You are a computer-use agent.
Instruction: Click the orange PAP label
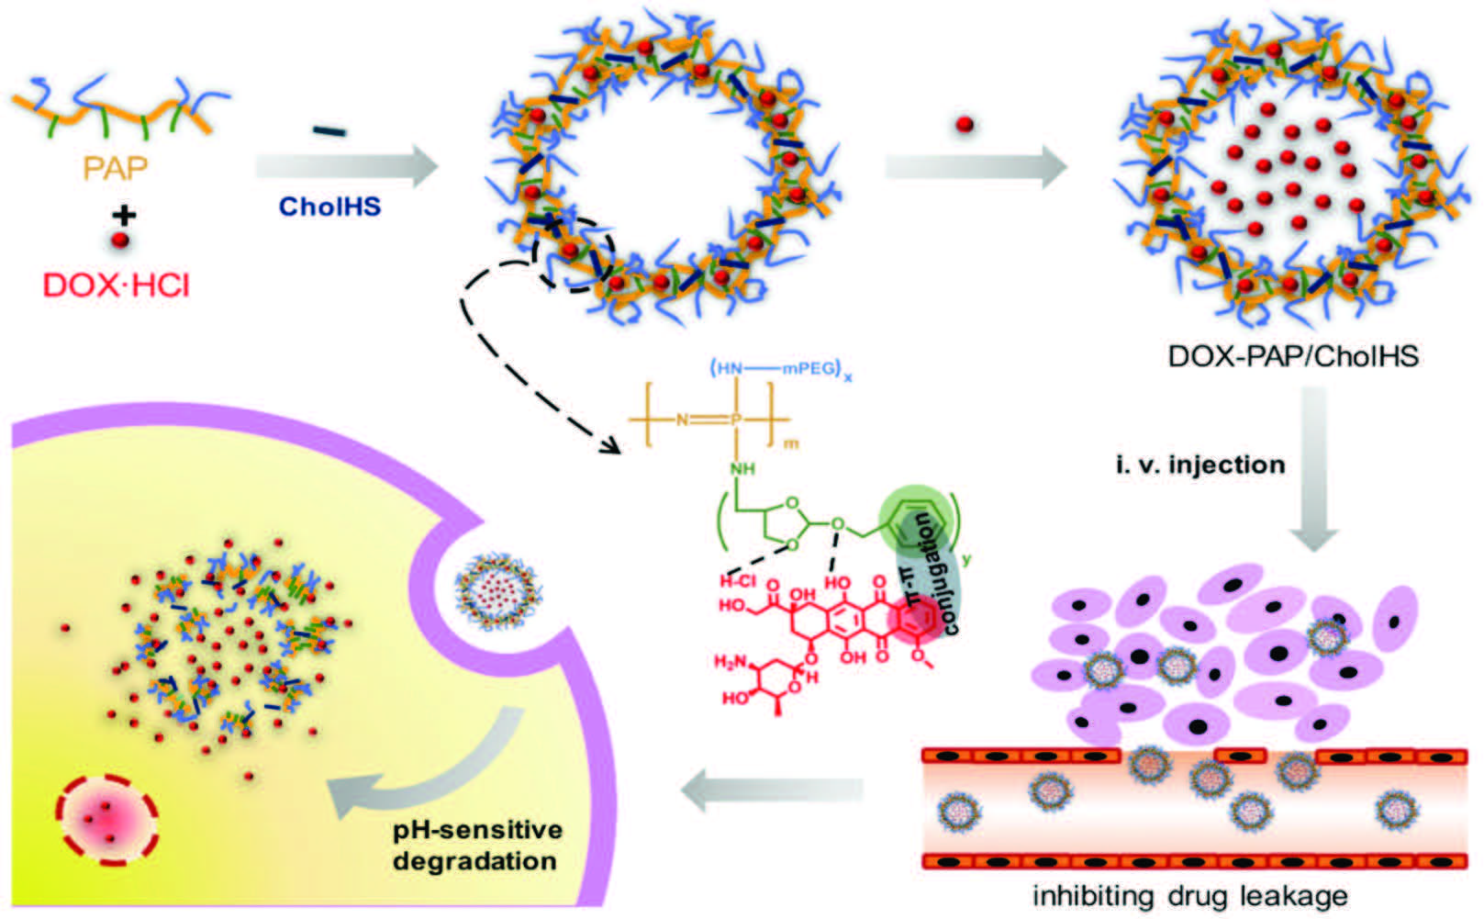pos(115,168)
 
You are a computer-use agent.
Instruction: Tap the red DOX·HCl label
pos(117,285)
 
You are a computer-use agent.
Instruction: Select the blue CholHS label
pos(329,206)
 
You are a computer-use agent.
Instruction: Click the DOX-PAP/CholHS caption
pos(1292,355)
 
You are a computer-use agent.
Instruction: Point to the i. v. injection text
pos(1199,465)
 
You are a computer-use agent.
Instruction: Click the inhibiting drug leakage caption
pos(1190,895)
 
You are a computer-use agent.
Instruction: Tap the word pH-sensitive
pos(477,830)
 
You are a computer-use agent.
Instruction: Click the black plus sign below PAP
pos(123,216)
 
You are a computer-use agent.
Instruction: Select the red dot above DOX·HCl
pos(120,241)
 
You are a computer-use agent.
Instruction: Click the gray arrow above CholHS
pos(347,166)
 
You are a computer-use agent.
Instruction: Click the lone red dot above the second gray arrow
pos(964,124)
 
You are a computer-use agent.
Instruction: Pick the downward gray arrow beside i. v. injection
pos(1313,468)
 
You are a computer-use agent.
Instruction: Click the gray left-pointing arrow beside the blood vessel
pos(773,791)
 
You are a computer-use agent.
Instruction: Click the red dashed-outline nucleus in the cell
pos(106,816)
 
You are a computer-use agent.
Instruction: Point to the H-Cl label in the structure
pos(736,581)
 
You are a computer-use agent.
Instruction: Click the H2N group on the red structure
pos(731,661)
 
